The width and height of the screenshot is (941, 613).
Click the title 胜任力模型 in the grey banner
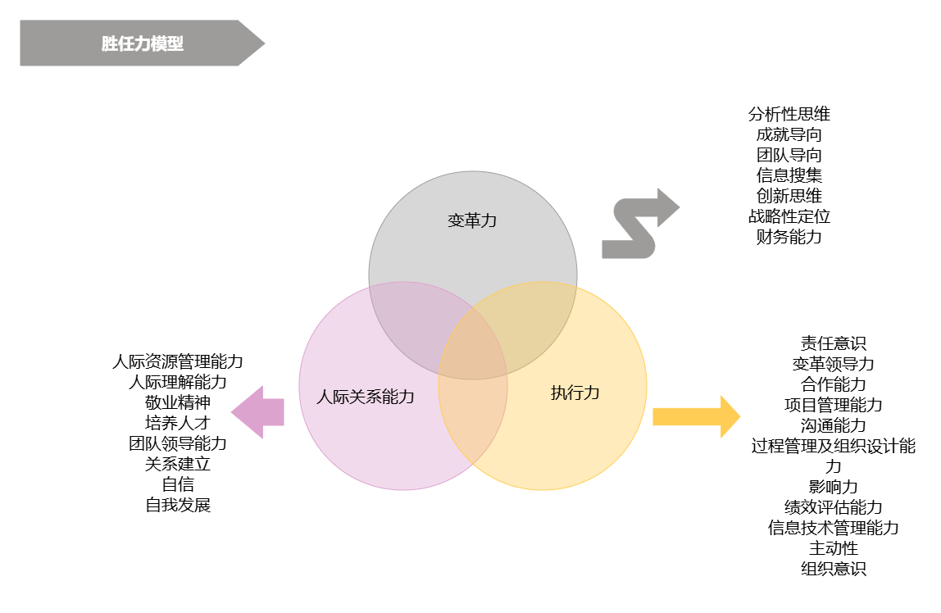point(143,43)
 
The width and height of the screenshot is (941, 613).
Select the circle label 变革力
point(472,220)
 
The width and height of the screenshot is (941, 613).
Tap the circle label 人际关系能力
point(366,397)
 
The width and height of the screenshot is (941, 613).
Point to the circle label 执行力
point(575,393)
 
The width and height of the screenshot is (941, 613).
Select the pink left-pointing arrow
point(258,412)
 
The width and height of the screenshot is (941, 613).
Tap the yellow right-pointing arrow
point(696,416)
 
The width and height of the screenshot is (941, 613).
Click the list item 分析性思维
point(789,114)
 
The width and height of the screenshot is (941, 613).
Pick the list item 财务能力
point(789,238)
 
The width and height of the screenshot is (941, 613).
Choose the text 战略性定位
point(789,217)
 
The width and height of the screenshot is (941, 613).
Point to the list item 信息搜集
point(789,175)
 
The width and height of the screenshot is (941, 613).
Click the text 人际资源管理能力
point(178,361)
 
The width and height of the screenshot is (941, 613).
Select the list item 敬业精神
point(178,402)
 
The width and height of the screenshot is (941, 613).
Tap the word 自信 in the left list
point(178,484)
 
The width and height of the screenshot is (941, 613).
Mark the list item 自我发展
point(178,505)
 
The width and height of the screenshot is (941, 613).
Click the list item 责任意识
point(834,343)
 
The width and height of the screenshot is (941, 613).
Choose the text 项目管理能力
point(834,405)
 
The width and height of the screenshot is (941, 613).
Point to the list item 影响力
point(834,487)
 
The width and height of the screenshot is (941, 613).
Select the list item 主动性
point(834,548)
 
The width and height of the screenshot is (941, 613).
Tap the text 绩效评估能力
point(834,507)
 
